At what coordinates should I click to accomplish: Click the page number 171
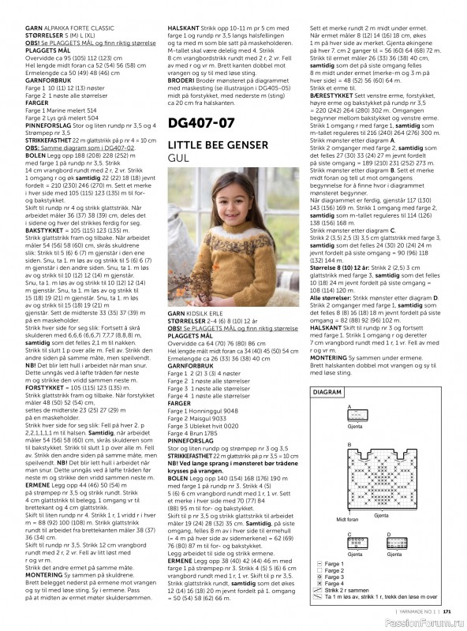click(x=446, y=609)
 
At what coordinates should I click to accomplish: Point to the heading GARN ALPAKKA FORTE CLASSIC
click(x=73, y=6)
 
